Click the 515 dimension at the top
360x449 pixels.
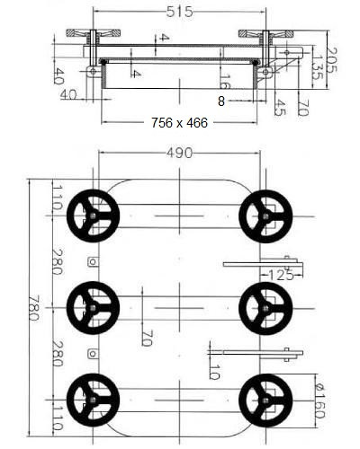point(179,12)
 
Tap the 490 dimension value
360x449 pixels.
point(179,154)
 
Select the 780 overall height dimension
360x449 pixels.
point(34,308)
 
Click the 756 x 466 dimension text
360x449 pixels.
point(179,123)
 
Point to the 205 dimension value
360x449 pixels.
point(332,60)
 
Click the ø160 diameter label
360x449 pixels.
point(319,401)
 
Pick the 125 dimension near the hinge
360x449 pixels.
point(281,275)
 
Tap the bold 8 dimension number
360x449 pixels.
point(221,101)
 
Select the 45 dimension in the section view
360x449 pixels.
point(279,108)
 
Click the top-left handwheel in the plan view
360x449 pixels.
point(93,216)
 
